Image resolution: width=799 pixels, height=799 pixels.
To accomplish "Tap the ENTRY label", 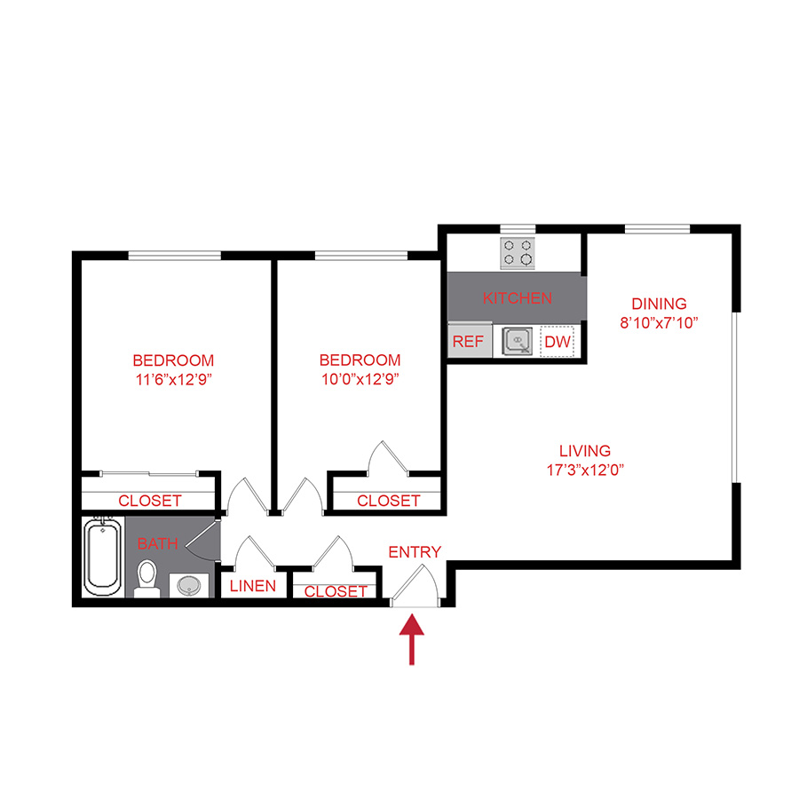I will click(x=415, y=552).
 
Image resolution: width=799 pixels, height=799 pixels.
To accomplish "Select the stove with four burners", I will click(x=518, y=253).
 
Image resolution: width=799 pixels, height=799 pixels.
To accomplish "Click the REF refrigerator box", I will click(x=467, y=342).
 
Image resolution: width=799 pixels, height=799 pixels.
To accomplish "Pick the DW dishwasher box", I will click(x=557, y=342).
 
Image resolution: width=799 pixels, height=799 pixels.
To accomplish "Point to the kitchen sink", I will click(x=517, y=341).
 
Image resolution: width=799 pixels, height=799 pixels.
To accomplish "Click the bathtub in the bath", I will click(x=104, y=559).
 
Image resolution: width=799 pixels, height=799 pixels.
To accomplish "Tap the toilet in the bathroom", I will click(x=146, y=578).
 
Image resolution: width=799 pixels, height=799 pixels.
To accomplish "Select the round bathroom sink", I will click(x=188, y=586).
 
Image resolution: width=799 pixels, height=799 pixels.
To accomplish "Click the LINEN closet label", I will click(x=253, y=587).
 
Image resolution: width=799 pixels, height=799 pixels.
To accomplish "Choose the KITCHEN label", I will click(x=518, y=298).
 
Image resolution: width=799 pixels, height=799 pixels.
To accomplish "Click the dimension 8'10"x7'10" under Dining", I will click(x=660, y=323).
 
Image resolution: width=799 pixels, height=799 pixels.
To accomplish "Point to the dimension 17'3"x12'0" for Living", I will click(x=585, y=471).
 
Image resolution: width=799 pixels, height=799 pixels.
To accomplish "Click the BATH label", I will click(x=157, y=542).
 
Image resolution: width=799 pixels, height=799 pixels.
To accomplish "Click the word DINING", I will click(x=659, y=304).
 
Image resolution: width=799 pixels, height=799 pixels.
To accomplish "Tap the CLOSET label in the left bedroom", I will click(x=149, y=501).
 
